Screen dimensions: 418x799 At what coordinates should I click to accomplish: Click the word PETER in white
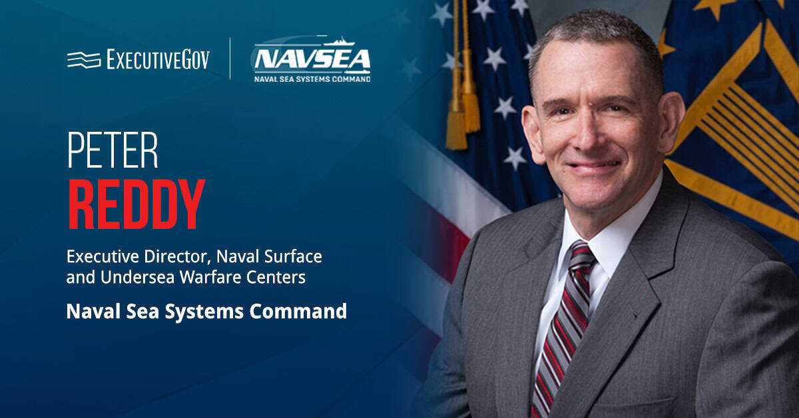point(113,152)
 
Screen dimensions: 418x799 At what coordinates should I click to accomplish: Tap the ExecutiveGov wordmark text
point(158,60)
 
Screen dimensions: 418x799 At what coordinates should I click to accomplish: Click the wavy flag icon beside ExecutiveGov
point(83,60)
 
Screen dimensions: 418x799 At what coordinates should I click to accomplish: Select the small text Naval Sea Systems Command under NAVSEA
point(312,79)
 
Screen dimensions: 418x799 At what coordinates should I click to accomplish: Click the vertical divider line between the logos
point(230,59)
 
